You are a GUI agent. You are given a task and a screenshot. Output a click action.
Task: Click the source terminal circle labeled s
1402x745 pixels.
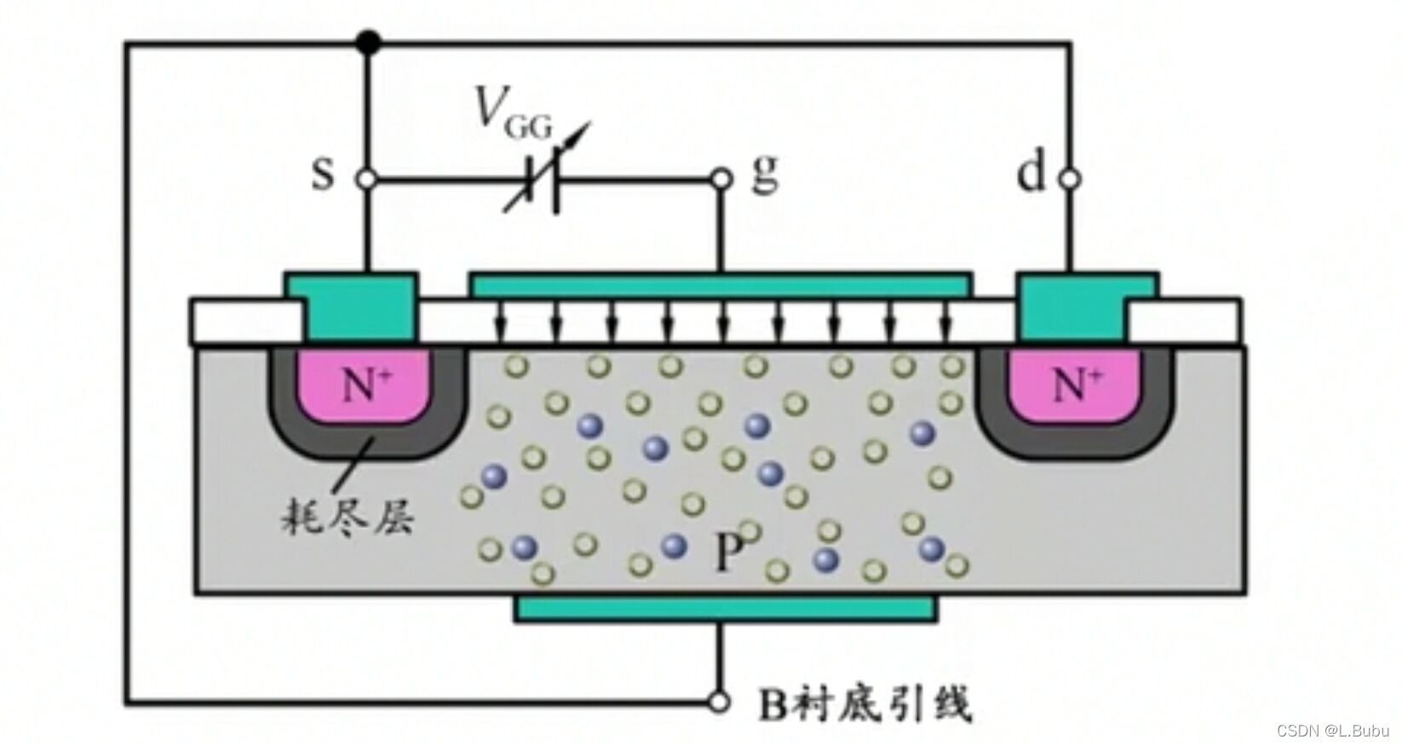[x=367, y=180]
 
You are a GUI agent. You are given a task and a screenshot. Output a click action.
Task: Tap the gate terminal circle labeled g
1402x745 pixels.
[x=721, y=180]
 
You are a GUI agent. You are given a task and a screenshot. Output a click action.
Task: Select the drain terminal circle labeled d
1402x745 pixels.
[x=1071, y=179]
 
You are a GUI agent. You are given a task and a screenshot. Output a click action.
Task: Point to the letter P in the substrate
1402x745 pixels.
[x=726, y=553]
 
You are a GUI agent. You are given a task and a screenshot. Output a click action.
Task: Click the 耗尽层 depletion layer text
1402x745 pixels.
[x=348, y=517]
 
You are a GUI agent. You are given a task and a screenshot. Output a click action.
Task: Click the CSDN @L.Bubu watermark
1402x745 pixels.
[x=1333, y=730]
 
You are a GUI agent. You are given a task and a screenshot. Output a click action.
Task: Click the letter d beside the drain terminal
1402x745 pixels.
[x=1031, y=175]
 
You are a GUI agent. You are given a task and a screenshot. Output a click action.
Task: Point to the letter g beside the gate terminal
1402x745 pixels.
[x=764, y=177]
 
